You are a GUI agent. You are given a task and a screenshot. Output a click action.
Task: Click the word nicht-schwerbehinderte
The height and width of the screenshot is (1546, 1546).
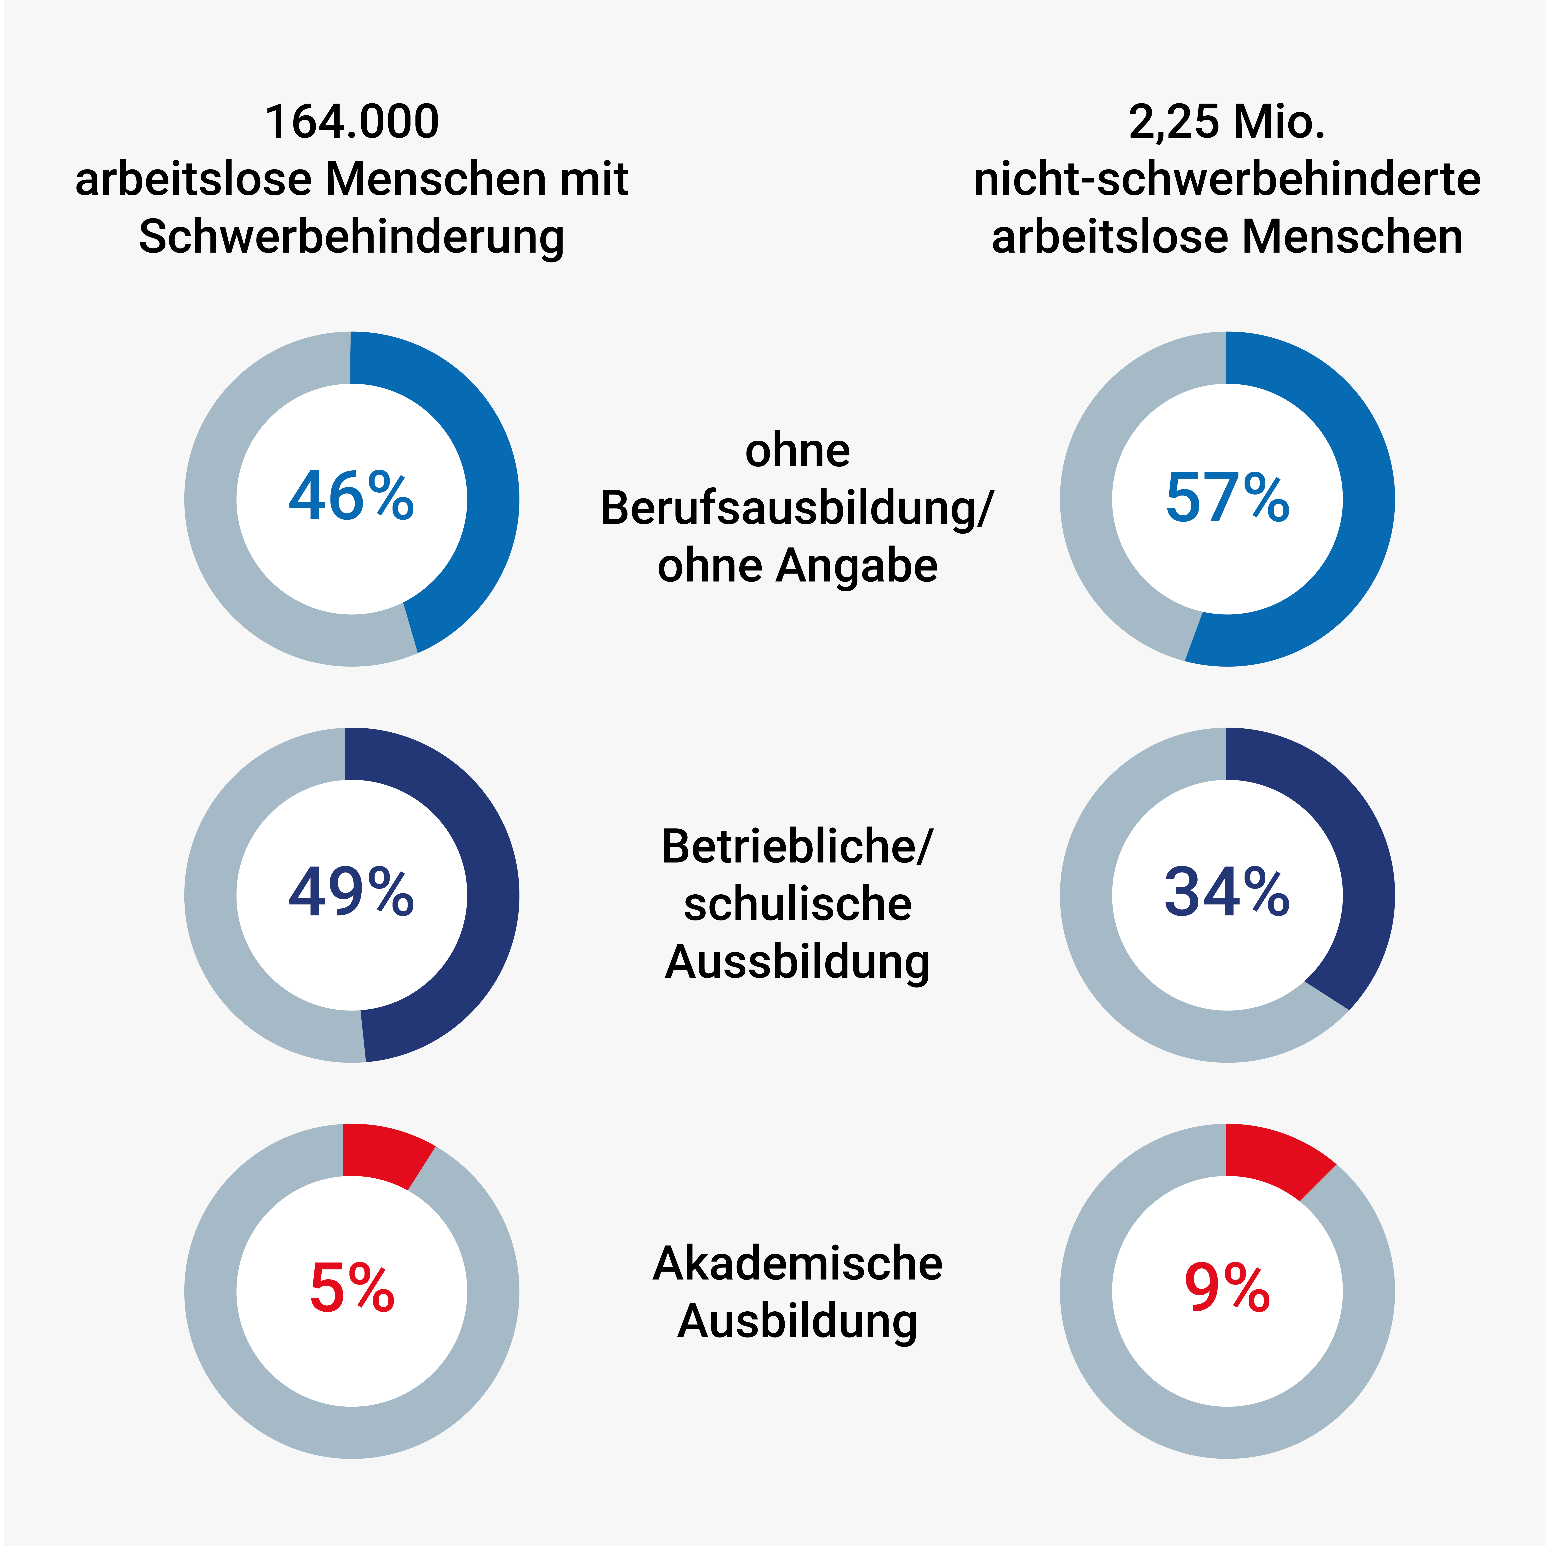[1227, 179]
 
